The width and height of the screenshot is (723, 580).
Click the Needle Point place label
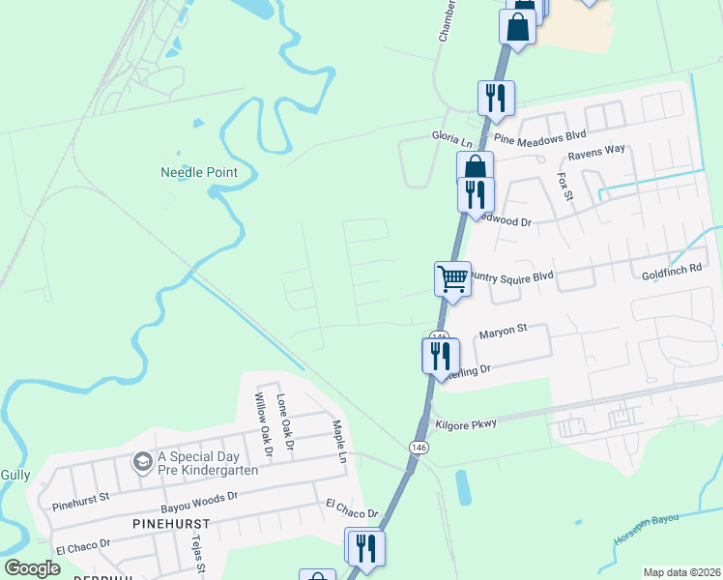coord(198,172)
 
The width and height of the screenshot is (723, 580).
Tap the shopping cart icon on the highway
coord(451,278)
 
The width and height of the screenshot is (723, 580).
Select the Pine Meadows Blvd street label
coord(540,139)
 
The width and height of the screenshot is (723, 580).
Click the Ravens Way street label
coord(596,151)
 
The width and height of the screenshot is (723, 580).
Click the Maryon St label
coord(503,330)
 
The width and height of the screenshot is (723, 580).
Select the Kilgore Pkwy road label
coord(466,423)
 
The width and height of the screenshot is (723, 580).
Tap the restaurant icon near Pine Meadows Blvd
coord(496,98)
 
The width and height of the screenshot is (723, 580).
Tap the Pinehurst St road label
coord(82,504)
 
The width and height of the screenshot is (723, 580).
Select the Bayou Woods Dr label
coord(198,495)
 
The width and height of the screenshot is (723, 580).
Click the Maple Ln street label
coord(339,438)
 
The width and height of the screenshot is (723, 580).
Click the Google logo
coord(32,568)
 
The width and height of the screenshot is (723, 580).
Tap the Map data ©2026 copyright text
coord(680,572)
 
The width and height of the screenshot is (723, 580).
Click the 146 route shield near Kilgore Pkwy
coord(419,448)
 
